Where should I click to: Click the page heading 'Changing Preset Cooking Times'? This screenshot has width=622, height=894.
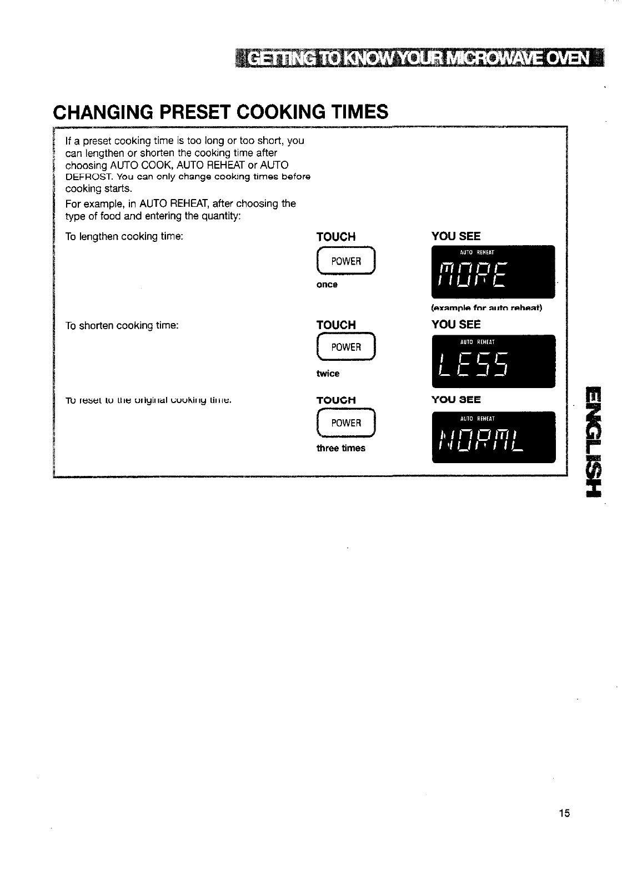[220, 112]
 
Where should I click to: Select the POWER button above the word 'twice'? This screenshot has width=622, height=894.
[345, 347]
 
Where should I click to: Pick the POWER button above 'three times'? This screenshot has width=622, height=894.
[345, 423]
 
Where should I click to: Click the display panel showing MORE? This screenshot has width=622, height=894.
[493, 272]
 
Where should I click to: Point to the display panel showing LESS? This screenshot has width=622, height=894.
[493, 361]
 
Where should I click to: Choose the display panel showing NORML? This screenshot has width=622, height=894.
[493, 437]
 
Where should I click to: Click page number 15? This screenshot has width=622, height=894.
[564, 813]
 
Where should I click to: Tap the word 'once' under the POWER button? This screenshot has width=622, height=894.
[327, 285]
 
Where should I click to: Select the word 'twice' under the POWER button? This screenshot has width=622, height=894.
[328, 374]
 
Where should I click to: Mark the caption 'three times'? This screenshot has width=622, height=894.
[341, 448]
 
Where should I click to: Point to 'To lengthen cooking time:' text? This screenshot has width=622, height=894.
[124, 237]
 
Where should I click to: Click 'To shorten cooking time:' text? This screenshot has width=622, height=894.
[122, 326]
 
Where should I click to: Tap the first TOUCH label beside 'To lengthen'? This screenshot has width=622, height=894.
[336, 237]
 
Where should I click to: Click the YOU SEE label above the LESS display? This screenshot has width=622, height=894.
[456, 325]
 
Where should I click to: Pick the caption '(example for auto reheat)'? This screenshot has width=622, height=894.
[486, 308]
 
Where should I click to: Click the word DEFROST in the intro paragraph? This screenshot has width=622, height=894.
[82, 177]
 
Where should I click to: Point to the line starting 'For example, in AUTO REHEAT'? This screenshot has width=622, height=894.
[180, 203]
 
